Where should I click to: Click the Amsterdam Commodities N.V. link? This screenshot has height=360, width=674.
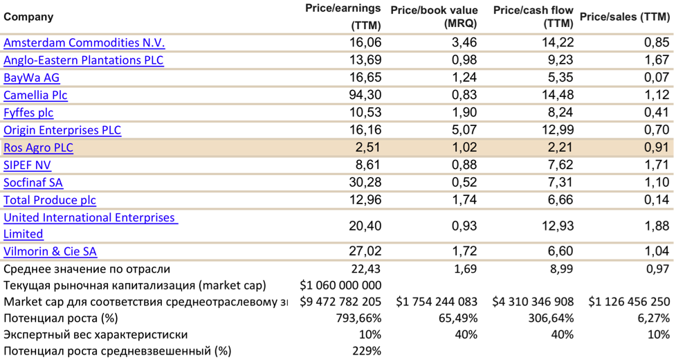click(x=84, y=43)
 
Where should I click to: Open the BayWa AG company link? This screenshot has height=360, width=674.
click(x=32, y=78)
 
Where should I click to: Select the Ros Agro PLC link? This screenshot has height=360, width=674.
click(x=38, y=147)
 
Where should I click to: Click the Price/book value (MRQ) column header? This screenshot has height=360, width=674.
click(x=434, y=17)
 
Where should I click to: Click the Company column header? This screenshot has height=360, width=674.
click(x=28, y=17)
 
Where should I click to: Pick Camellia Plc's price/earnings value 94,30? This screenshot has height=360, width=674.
click(x=365, y=96)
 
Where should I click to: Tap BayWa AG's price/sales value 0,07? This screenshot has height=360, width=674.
click(x=655, y=78)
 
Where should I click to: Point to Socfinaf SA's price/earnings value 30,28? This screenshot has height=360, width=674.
click(x=365, y=183)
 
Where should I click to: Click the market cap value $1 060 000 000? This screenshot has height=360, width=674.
click(x=341, y=285)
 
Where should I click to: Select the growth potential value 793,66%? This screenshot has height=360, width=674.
click(x=356, y=318)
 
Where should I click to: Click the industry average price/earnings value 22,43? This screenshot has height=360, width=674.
click(x=366, y=269)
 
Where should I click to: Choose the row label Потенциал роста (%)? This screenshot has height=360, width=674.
click(x=60, y=318)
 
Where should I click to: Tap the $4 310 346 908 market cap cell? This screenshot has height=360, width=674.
click(x=533, y=302)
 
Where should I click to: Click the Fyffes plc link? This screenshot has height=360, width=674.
click(x=28, y=113)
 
